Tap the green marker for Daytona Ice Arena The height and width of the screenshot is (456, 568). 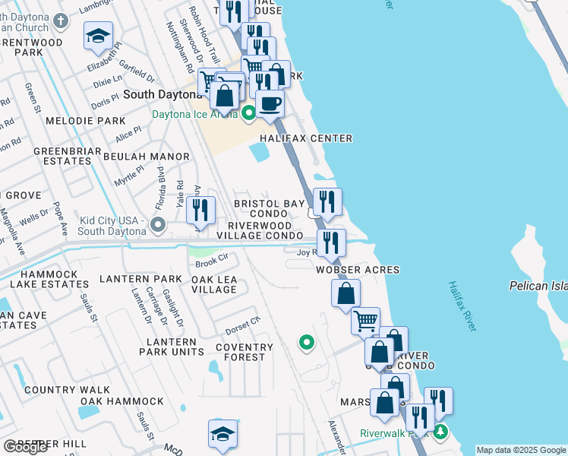[249, 115]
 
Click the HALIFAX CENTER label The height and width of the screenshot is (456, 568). [306, 138]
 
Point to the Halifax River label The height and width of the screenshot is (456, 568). [461, 306]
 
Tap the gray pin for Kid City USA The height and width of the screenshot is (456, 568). [158, 225]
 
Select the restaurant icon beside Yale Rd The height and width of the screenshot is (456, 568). [200, 209]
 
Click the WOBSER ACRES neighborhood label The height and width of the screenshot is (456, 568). [358, 270]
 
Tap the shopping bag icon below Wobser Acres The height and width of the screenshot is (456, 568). [346, 293]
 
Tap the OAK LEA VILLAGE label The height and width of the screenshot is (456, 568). [214, 284]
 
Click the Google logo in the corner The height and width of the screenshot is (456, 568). [25, 447]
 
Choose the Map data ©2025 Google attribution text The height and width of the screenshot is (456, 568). [521, 450]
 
